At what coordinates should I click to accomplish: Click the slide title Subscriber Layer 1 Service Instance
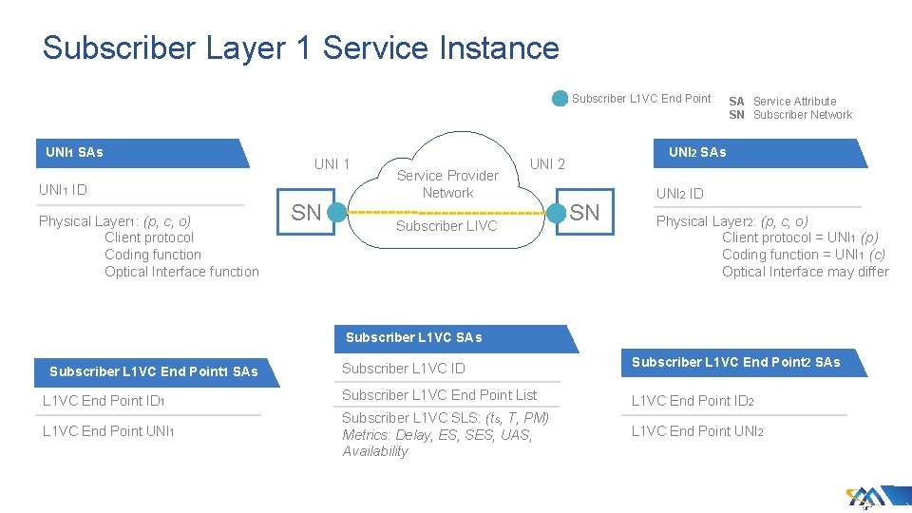(x=300, y=47)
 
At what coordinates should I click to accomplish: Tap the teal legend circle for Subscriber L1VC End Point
(x=560, y=98)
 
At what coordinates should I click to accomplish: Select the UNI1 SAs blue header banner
(x=142, y=153)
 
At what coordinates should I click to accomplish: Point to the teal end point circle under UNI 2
(x=557, y=213)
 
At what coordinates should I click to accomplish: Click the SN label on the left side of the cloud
(x=306, y=213)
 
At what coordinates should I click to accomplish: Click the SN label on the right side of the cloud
(x=585, y=213)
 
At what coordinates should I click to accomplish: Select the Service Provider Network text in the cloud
(x=447, y=183)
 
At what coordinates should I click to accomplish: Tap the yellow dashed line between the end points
(x=446, y=213)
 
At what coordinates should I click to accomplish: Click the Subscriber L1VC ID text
(x=403, y=368)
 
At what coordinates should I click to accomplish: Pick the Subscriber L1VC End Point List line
(x=439, y=395)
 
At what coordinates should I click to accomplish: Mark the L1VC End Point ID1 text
(x=104, y=401)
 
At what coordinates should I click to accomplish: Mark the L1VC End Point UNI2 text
(x=697, y=431)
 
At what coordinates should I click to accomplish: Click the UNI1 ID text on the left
(x=63, y=190)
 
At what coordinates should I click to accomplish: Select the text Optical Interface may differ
(x=805, y=272)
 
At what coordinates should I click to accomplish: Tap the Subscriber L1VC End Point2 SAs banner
(x=736, y=362)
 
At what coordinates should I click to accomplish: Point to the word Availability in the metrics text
(x=375, y=451)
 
